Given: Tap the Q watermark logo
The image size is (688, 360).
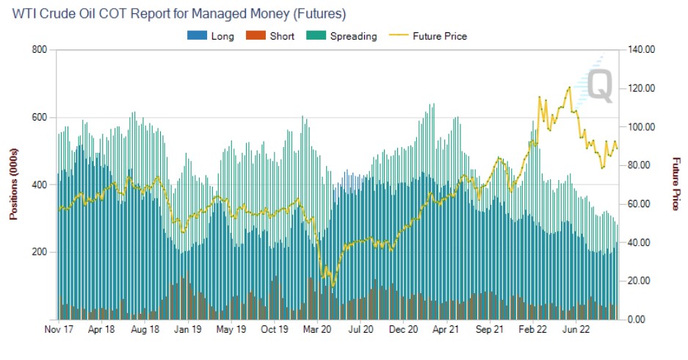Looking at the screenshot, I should point(598,83).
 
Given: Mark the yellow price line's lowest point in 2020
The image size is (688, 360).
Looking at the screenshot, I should point(333,286).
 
